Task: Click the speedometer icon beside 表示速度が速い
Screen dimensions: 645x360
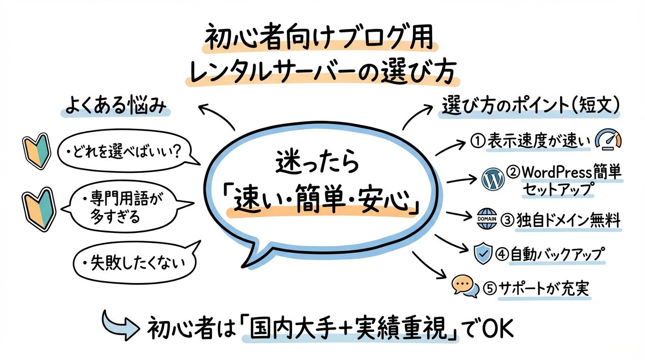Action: point(608,139)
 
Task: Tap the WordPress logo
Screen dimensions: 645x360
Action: point(493,179)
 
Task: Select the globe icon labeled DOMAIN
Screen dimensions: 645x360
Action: point(487,219)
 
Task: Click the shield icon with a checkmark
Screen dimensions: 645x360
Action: point(483,253)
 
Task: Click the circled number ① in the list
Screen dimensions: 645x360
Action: point(478,141)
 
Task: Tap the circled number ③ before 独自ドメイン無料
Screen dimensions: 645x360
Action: point(508,220)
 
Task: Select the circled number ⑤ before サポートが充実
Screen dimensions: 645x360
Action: point(490,288)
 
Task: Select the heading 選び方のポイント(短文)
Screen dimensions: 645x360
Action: point(530,105)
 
